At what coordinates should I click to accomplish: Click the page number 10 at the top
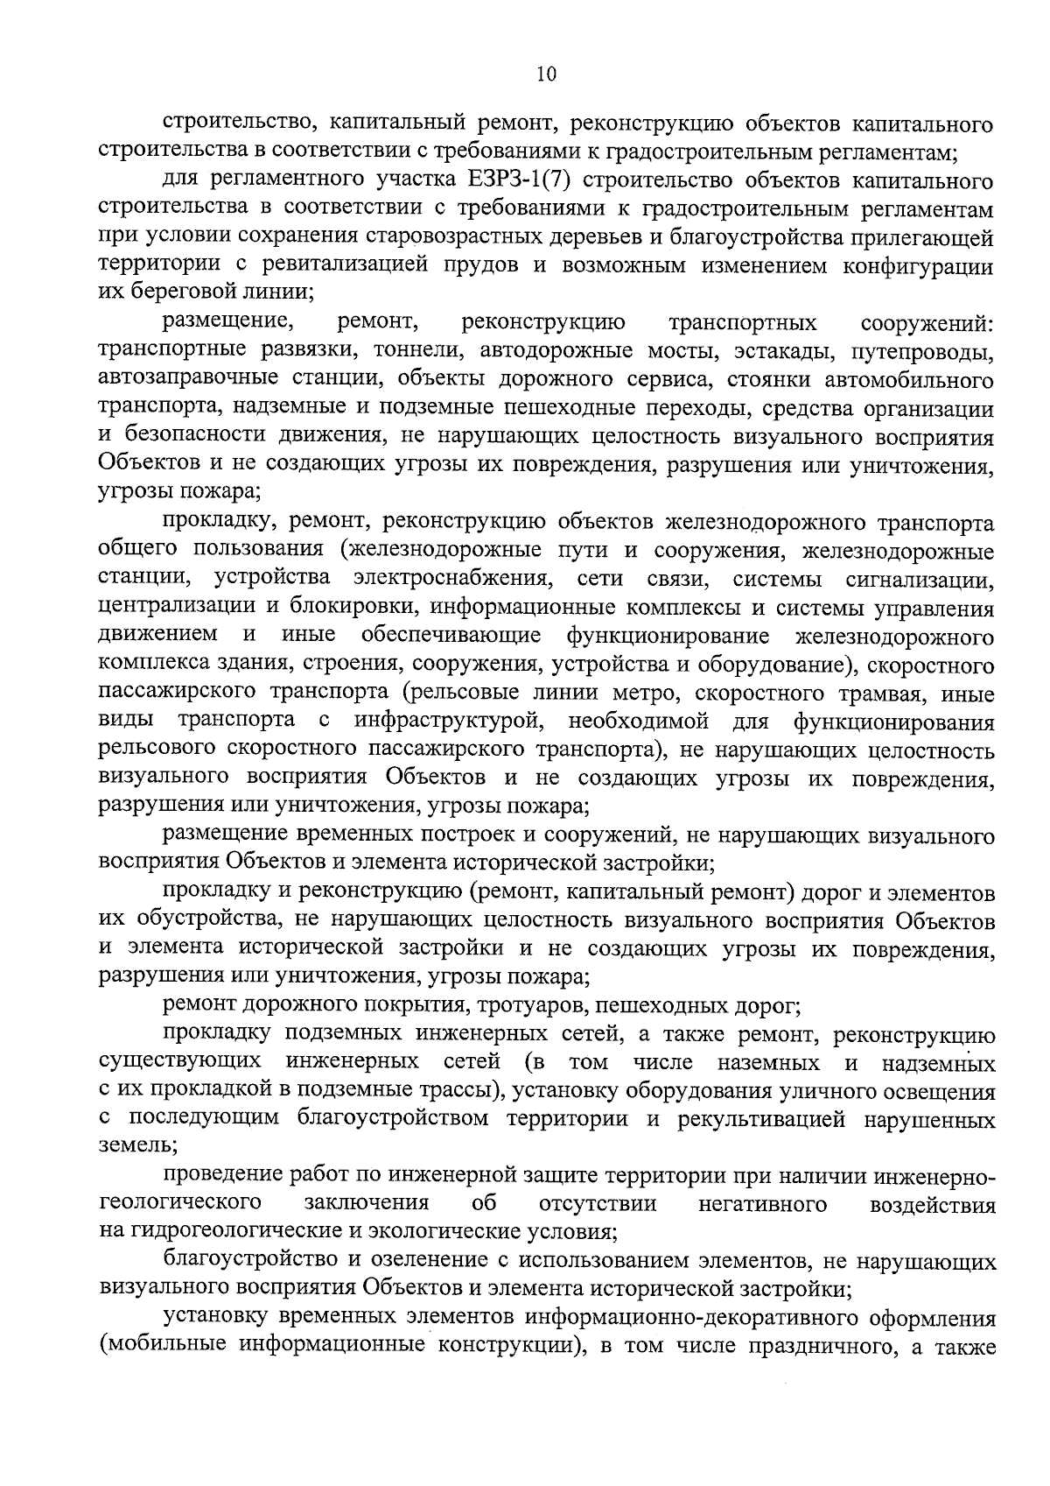544,74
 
